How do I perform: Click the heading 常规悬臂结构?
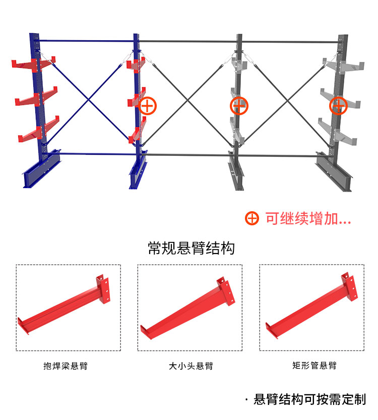coord(191,248)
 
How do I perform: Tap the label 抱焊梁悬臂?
coord(69,366)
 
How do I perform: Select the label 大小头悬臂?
coord(191,366)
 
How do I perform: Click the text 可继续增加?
coord(307,219)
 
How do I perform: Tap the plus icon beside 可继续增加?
coord(252,219)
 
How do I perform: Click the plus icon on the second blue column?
coord(147,106)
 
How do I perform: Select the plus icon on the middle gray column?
coord(239,106)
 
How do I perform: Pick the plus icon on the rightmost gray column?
coord(338,106)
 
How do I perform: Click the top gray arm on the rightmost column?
coord(348,66)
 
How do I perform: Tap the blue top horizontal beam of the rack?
coord(86,41)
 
